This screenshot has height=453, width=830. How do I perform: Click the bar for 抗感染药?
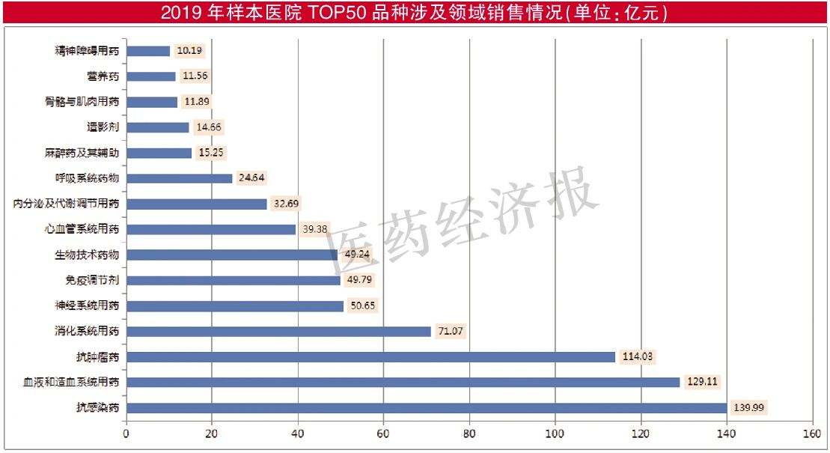[426, 407]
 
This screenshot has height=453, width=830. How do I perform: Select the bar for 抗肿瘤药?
[370, 357]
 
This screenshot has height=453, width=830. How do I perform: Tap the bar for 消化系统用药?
[278, 331]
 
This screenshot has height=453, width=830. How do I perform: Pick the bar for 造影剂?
[157, 127]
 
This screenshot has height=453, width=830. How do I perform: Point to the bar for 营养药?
[150, 76]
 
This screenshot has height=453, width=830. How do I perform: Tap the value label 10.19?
[189, 51]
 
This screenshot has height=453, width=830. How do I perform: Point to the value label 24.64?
[251, 178]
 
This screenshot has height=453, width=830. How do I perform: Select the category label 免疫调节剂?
[92, 280]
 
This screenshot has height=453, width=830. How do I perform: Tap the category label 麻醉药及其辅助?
[82, 153]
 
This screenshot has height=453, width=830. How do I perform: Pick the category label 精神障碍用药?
[87, 51]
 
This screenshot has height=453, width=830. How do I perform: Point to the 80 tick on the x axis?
[469, 434]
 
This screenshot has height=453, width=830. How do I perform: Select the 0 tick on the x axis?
[126, 434]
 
